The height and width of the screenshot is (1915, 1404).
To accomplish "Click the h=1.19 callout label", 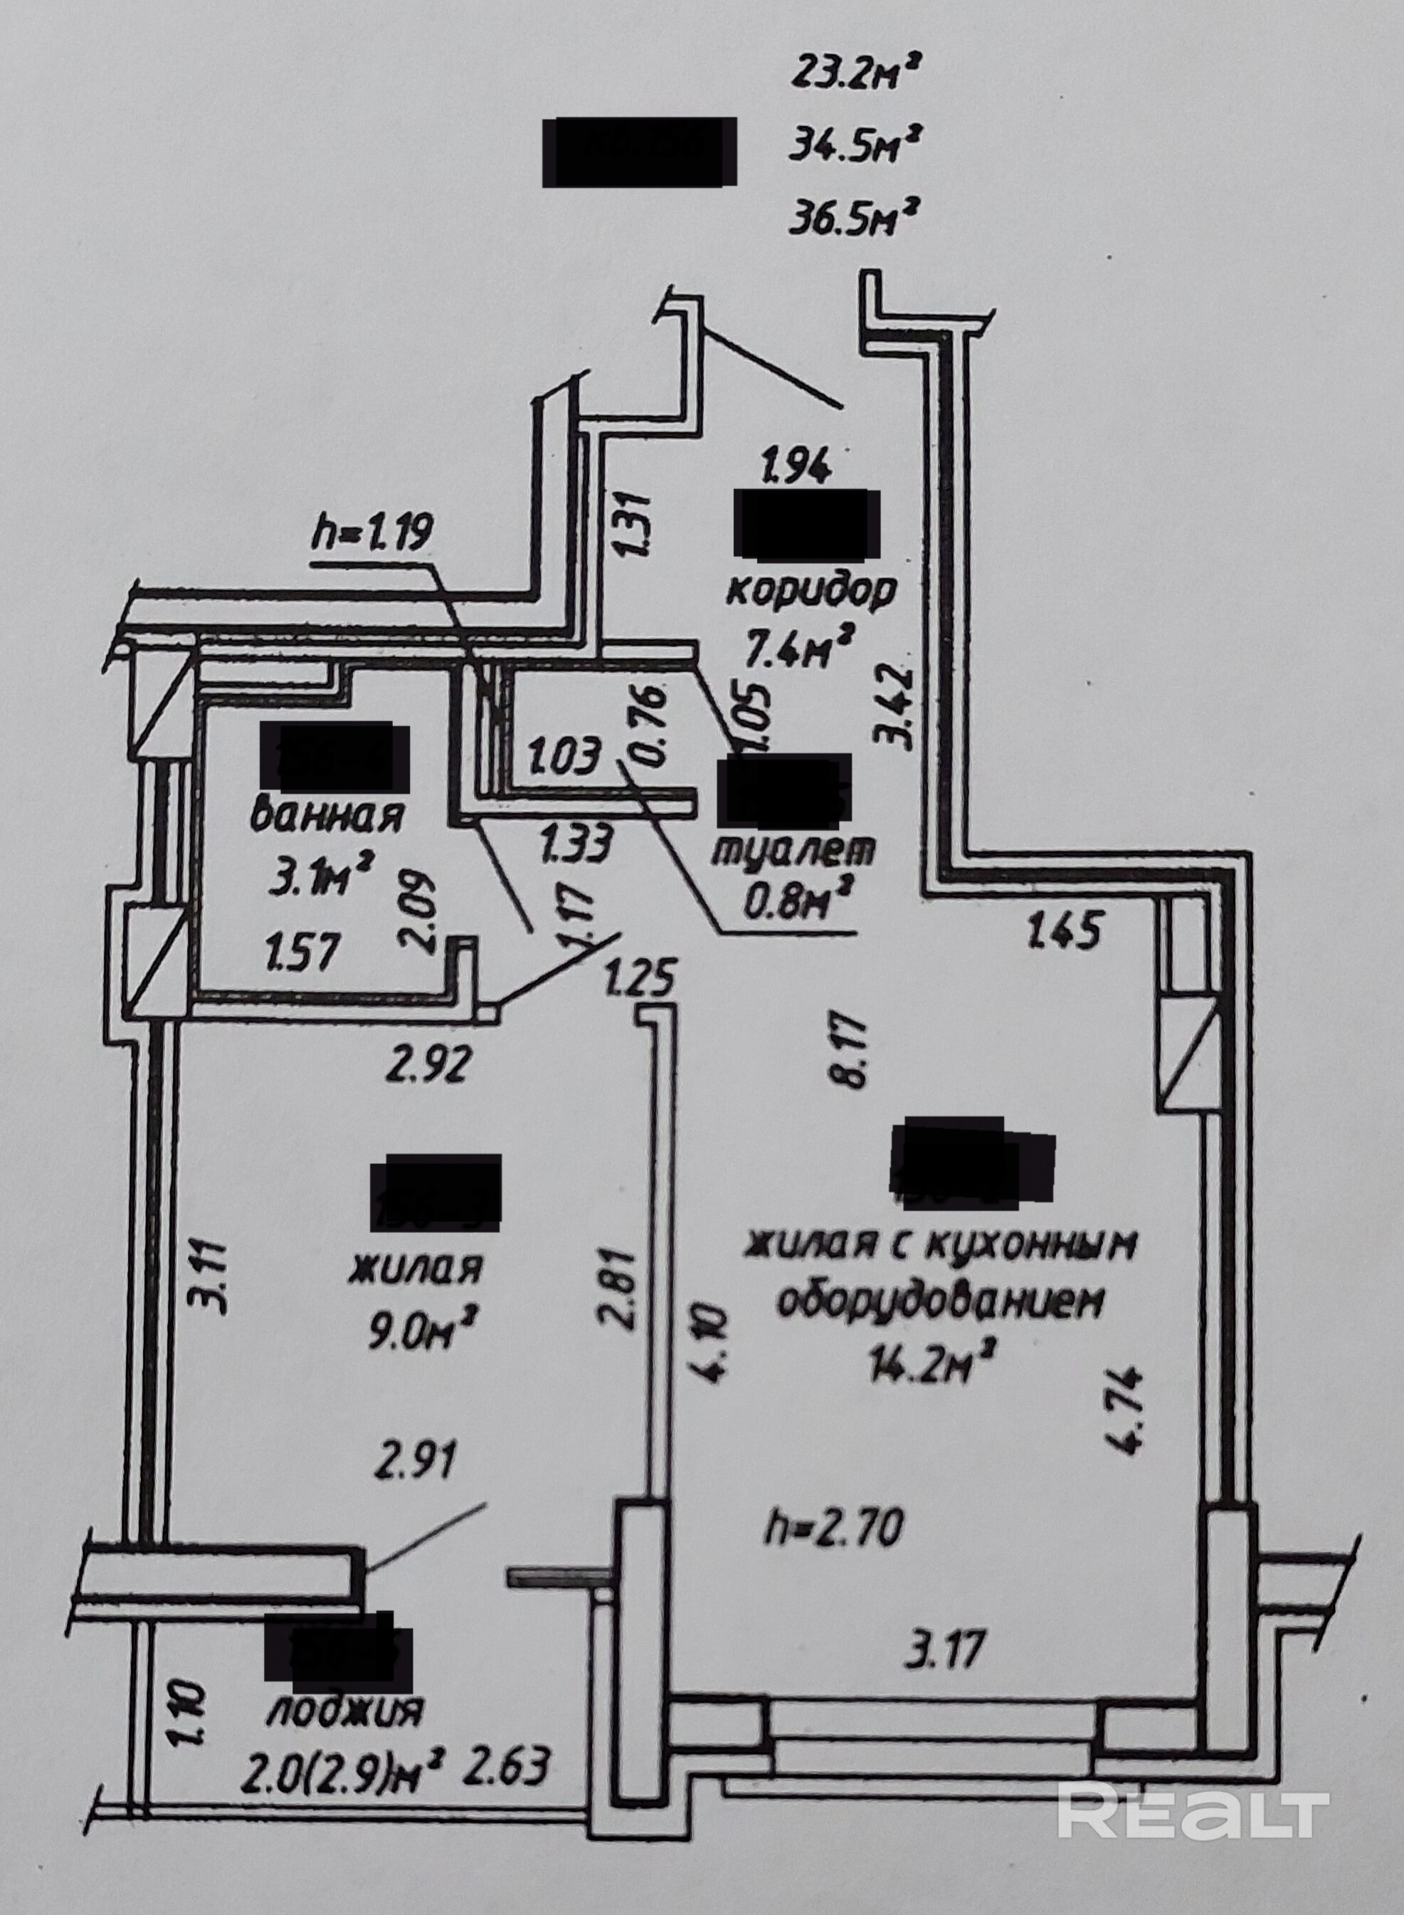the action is (x=373, y=533).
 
